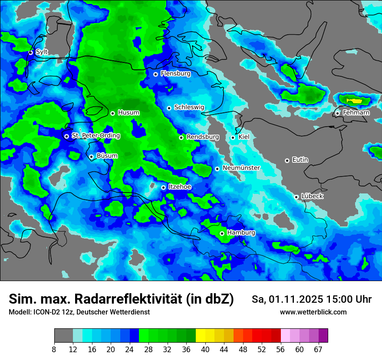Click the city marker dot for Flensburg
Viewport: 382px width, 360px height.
155,74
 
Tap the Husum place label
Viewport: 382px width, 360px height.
128,113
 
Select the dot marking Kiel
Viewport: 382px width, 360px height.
233,137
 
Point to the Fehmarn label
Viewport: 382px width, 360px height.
356,113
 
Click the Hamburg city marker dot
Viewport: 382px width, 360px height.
222,233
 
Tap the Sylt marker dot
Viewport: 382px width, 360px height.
31,52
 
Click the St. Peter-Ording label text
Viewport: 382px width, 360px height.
95,136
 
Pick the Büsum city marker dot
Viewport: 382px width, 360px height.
91,157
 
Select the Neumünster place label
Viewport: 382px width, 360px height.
241,168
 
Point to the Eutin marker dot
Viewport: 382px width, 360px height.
287,160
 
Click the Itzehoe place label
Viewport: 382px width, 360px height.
179,187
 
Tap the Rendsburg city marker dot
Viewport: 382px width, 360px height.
181,137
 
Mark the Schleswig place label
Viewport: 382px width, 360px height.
189,107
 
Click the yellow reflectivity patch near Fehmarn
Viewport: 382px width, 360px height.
356,101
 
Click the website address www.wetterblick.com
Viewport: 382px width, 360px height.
313,312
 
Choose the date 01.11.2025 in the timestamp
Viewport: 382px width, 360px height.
294,299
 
